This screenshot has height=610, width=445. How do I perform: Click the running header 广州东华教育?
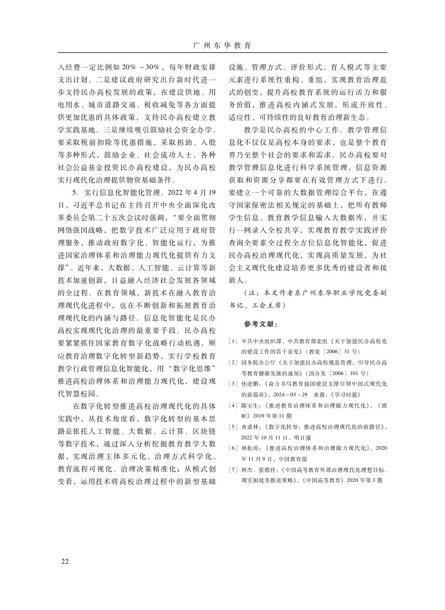(222, 45)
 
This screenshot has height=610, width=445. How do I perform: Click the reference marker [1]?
(233, 341)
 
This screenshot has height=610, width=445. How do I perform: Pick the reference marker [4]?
(233, 406)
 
